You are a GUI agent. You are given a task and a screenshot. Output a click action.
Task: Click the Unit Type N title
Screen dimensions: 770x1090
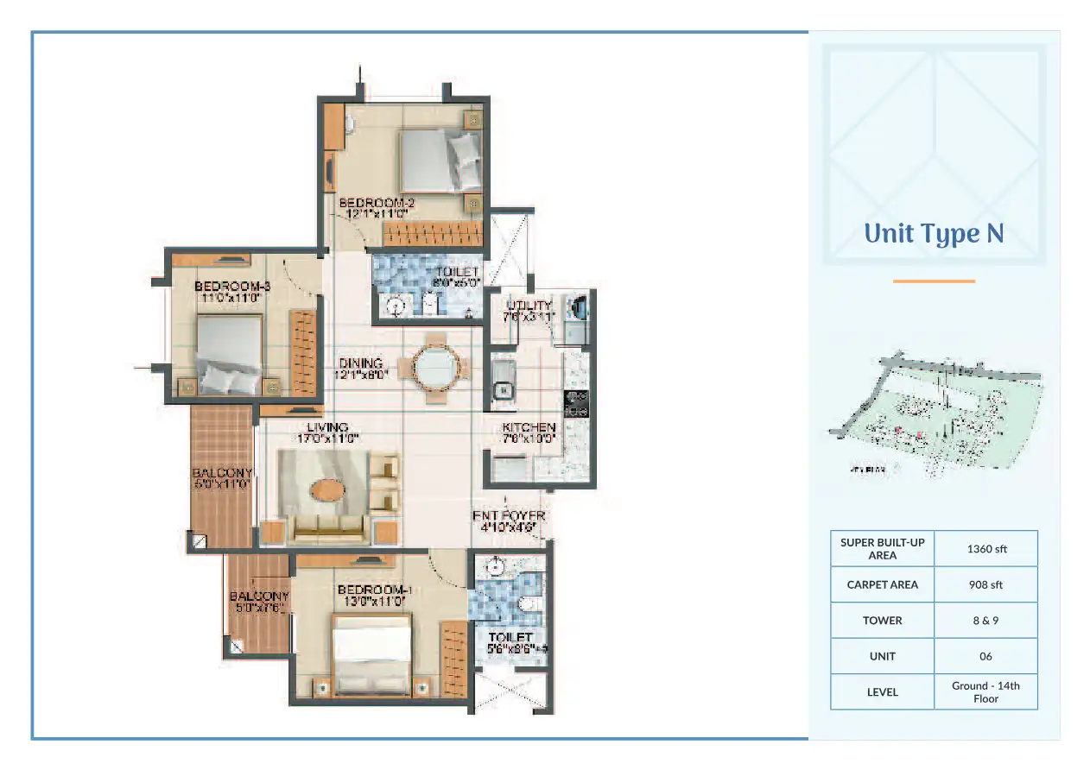(934, 234)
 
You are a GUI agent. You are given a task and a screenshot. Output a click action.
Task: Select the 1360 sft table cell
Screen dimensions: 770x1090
(985, 548)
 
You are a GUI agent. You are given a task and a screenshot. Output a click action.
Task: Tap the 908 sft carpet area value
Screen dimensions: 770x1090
(985, 584)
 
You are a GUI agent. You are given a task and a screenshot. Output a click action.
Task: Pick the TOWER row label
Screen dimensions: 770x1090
(882, 621)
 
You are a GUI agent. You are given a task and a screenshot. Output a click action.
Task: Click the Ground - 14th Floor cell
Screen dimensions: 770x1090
(985, 691)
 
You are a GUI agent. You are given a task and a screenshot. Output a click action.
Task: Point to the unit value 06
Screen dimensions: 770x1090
(985, 656)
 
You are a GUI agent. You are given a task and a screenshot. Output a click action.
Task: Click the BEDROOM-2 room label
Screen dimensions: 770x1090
(371, 203)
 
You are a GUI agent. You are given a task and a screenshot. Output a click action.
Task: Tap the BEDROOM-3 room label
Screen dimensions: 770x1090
(227, 287)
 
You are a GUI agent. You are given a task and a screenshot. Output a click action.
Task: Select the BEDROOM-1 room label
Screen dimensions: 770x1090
(374, 590)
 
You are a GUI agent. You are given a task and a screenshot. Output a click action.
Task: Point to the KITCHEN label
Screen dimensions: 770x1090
(529, 427)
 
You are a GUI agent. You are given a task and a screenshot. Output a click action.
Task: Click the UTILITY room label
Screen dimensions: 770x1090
(529, 306)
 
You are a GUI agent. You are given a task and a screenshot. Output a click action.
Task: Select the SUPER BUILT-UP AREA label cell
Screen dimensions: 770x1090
(882, 548)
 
